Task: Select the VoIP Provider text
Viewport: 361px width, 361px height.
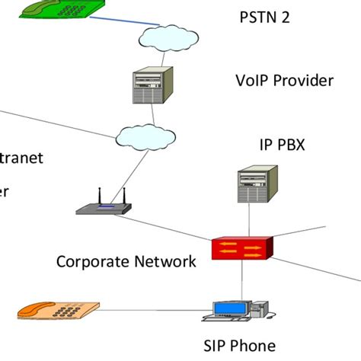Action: point(284,81)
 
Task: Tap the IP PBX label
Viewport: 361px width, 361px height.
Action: point(282,144)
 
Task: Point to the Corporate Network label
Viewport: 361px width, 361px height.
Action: point(126,261)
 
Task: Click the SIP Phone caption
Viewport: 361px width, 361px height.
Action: point(240,345)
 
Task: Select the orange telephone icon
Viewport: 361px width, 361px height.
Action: point(59,310)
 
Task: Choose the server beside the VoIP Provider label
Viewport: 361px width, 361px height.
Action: point(152,86)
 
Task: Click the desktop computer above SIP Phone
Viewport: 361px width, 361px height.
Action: point(238,307)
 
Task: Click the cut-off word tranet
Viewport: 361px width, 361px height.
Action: point(21,158)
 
